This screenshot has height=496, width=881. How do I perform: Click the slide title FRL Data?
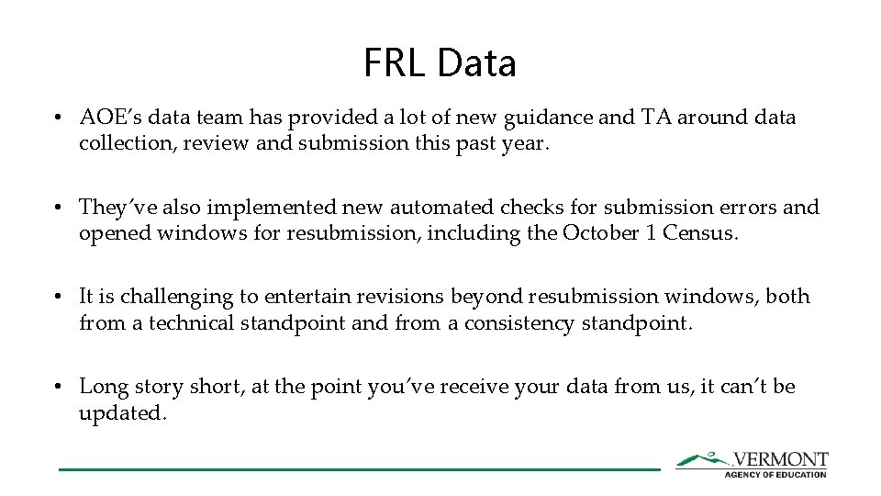440,62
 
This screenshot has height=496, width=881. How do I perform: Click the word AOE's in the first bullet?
107,118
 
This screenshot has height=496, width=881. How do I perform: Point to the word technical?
191,322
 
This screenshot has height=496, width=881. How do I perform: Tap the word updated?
122,412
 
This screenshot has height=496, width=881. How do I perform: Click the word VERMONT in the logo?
780,459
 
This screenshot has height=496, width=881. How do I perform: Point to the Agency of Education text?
775,474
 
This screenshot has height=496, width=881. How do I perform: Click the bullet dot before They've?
58,208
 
